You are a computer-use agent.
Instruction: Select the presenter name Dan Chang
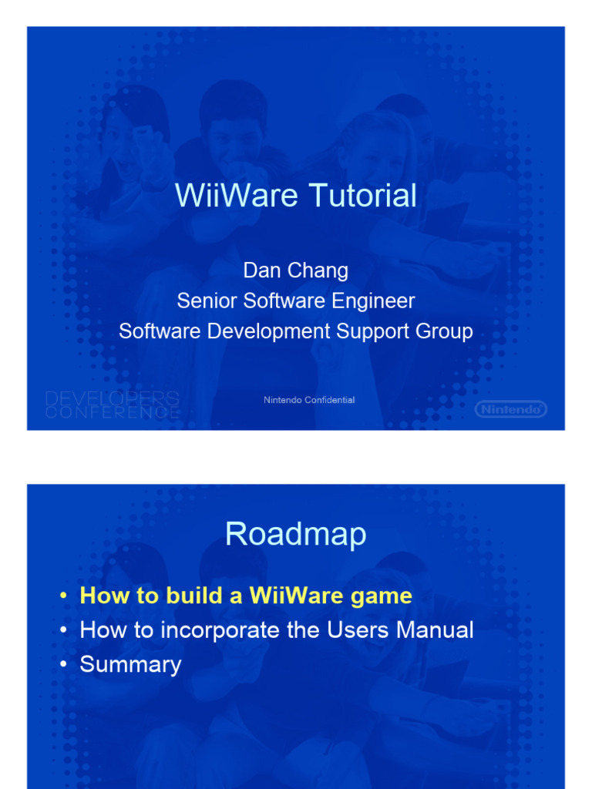click(x=296, y=270)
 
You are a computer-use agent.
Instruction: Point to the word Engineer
click(x=373, y=300)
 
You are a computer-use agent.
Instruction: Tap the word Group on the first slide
click(x=446, y=332)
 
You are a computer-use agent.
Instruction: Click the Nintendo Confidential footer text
click(x=309, y=400)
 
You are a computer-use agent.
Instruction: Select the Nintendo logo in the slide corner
click(x=510, y=409)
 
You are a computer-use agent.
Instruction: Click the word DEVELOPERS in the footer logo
click(x=113, y=398)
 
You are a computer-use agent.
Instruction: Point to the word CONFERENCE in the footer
click(x=113, y=412)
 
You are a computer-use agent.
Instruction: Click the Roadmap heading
click(x=295, y=534)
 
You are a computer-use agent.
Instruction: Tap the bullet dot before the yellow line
click(x=63, y=596)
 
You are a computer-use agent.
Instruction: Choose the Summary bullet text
click(x=130, y=664)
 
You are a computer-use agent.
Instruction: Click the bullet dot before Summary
click(x=63, y=665)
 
